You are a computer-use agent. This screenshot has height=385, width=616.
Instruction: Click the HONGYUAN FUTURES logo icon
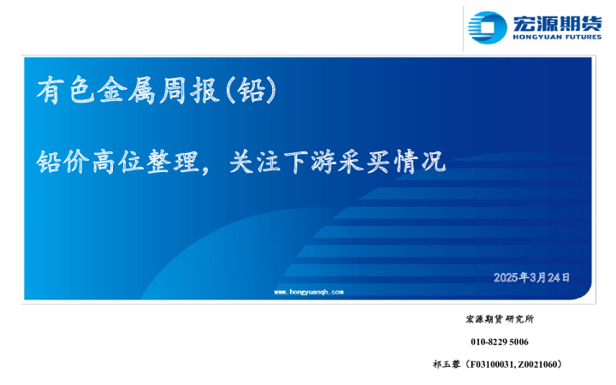click(x=489, y=27)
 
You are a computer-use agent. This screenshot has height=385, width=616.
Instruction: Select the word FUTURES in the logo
click(x=581, y=38)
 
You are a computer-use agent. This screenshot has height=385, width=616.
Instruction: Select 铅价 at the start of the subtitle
click(x=55, y=162)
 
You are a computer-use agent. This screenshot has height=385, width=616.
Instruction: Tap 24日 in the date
click(x=559, y=278)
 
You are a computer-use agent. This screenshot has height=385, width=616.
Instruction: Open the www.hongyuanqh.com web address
click(x=308, y=292)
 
